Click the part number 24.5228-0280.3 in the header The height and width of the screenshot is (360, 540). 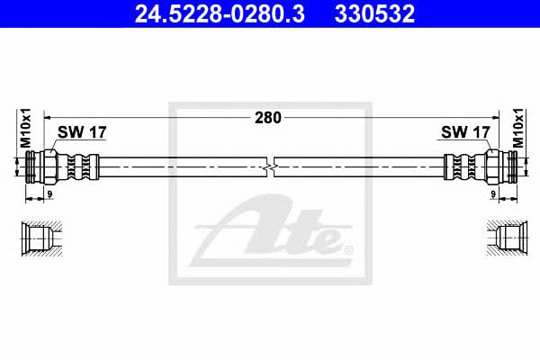click(220, 14)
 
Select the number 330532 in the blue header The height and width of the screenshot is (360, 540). click(374, 14)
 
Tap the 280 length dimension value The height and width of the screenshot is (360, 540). click(268, 118)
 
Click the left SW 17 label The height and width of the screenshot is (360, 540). click(82, 132)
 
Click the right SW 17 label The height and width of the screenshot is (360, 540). click(465, 132)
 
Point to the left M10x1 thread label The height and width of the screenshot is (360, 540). click(25, 128)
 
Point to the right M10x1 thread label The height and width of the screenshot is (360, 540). click(518, 128)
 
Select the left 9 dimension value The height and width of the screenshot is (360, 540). click(49, 194)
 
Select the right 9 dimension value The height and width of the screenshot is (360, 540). click(493, 194)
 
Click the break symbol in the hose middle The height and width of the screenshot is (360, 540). click(270, 167)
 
